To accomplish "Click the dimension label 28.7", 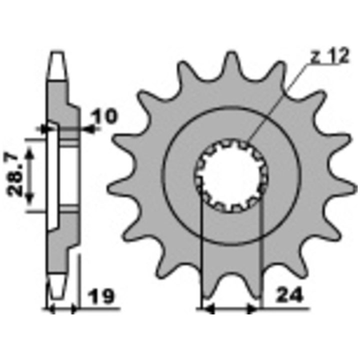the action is tap(13, 175).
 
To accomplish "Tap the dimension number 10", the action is tap(104, 115).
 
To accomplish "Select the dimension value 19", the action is tap(101, 296).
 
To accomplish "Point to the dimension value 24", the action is tap(289, 295).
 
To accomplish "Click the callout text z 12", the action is tap(330, 56).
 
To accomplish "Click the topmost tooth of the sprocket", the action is tap(230, 62).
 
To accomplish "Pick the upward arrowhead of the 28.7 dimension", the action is tap(29, 152).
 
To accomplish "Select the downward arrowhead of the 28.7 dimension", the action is tap(29, 198).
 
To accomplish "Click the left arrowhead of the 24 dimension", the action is tap(208, 308).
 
